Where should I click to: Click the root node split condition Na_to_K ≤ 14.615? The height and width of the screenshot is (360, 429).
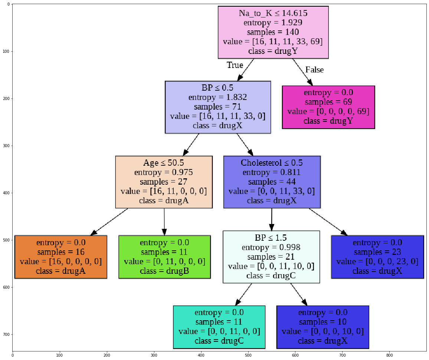[273, 13]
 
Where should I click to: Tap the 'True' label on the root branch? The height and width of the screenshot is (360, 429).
[235, 65]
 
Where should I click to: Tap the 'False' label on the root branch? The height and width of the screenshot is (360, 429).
[314, 69]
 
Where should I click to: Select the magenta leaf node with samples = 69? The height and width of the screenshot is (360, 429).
[328, 107]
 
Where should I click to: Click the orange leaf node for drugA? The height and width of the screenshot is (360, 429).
[61, 257]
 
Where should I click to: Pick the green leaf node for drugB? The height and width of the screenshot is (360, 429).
[164, 257]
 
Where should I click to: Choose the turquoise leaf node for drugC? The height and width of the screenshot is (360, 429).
[219, 327]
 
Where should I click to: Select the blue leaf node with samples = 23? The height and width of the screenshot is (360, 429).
[377, 257]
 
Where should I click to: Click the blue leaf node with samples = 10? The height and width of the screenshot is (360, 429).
[322, 327]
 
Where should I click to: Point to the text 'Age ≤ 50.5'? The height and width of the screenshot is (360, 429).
[164, 163]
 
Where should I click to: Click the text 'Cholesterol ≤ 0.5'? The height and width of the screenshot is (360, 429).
[272, 163]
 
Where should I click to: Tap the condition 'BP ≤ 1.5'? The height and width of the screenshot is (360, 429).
[271, 237]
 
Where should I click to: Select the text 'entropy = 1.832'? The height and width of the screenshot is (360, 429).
[217, 97]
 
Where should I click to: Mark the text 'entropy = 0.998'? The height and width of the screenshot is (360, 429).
[271, 247]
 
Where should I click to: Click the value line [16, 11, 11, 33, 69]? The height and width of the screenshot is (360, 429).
[273, 41]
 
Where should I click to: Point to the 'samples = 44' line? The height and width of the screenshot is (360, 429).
[272, 182]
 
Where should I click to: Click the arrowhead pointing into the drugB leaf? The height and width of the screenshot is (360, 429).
[164, 232]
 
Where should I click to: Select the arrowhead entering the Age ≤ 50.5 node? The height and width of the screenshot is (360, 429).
[186, 152]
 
